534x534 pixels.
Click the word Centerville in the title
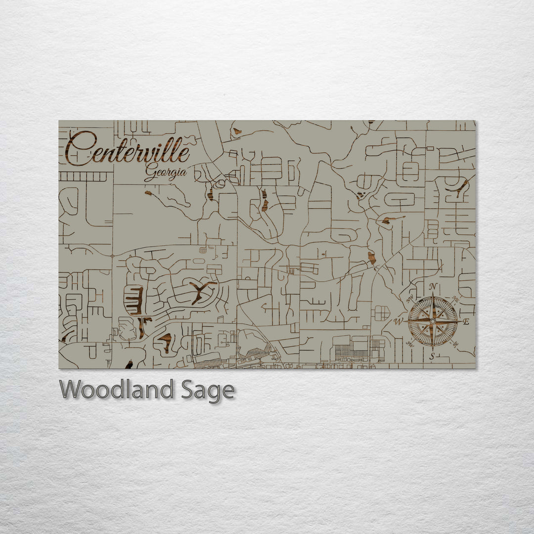[128, 149]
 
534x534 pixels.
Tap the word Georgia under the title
[166, 173]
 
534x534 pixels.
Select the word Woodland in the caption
[116, 390]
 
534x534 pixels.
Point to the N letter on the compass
[433, 287]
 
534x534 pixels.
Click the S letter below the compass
[432, 356]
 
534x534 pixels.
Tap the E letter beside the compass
[466, 322]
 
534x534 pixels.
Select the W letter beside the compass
[398, 322]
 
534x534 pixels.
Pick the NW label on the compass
[410, 299]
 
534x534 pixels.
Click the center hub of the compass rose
[433, 321]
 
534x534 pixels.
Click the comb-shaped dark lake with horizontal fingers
[134, 301]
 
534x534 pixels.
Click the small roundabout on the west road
[112, 256]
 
